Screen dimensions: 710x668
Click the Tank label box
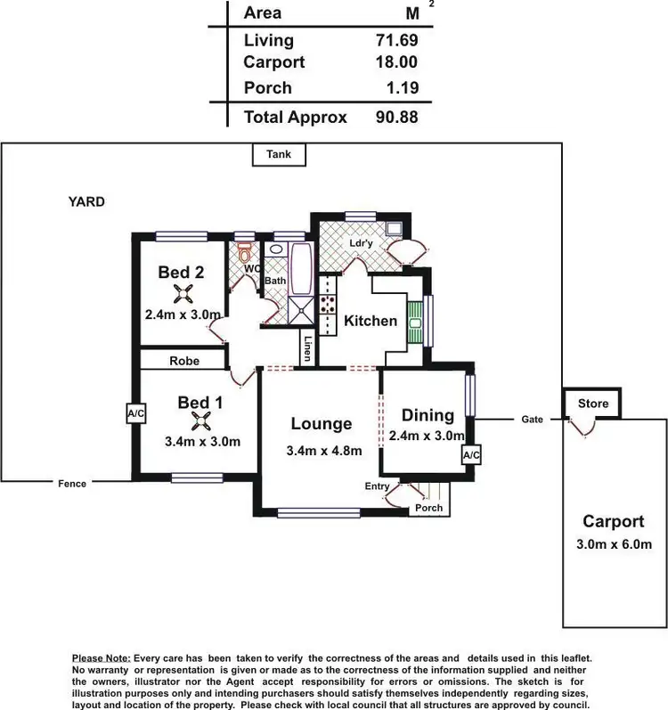(x=279, y=154)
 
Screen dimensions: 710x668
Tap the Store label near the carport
(x=593, y=404)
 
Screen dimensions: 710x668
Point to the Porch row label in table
(x=267, y=87)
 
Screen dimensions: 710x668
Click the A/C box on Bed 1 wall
(x=135, y=413)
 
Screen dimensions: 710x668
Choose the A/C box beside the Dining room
(x=471, y=455)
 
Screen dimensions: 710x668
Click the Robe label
(x=183, y=361)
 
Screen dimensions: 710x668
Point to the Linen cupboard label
(x=307, y=348)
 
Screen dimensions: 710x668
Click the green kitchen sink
(x=415, y=320)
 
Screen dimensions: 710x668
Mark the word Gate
(x=532, y=419)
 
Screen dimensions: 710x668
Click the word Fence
(x=72, y=484)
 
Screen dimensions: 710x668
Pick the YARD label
(x=86, y=202)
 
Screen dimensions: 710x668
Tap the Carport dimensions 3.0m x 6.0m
(x=613, y=544)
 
